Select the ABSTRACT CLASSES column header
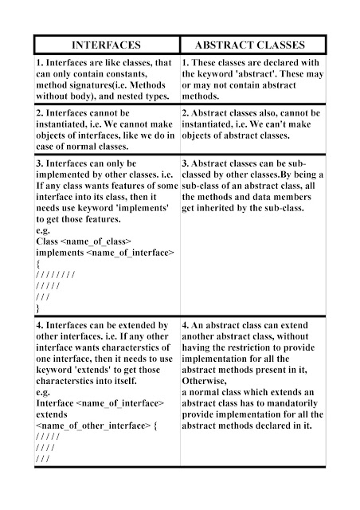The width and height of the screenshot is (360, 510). click(255, 45)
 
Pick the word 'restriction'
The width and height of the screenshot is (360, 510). click(256, 348)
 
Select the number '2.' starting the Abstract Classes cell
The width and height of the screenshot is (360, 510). click(186, 113)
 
